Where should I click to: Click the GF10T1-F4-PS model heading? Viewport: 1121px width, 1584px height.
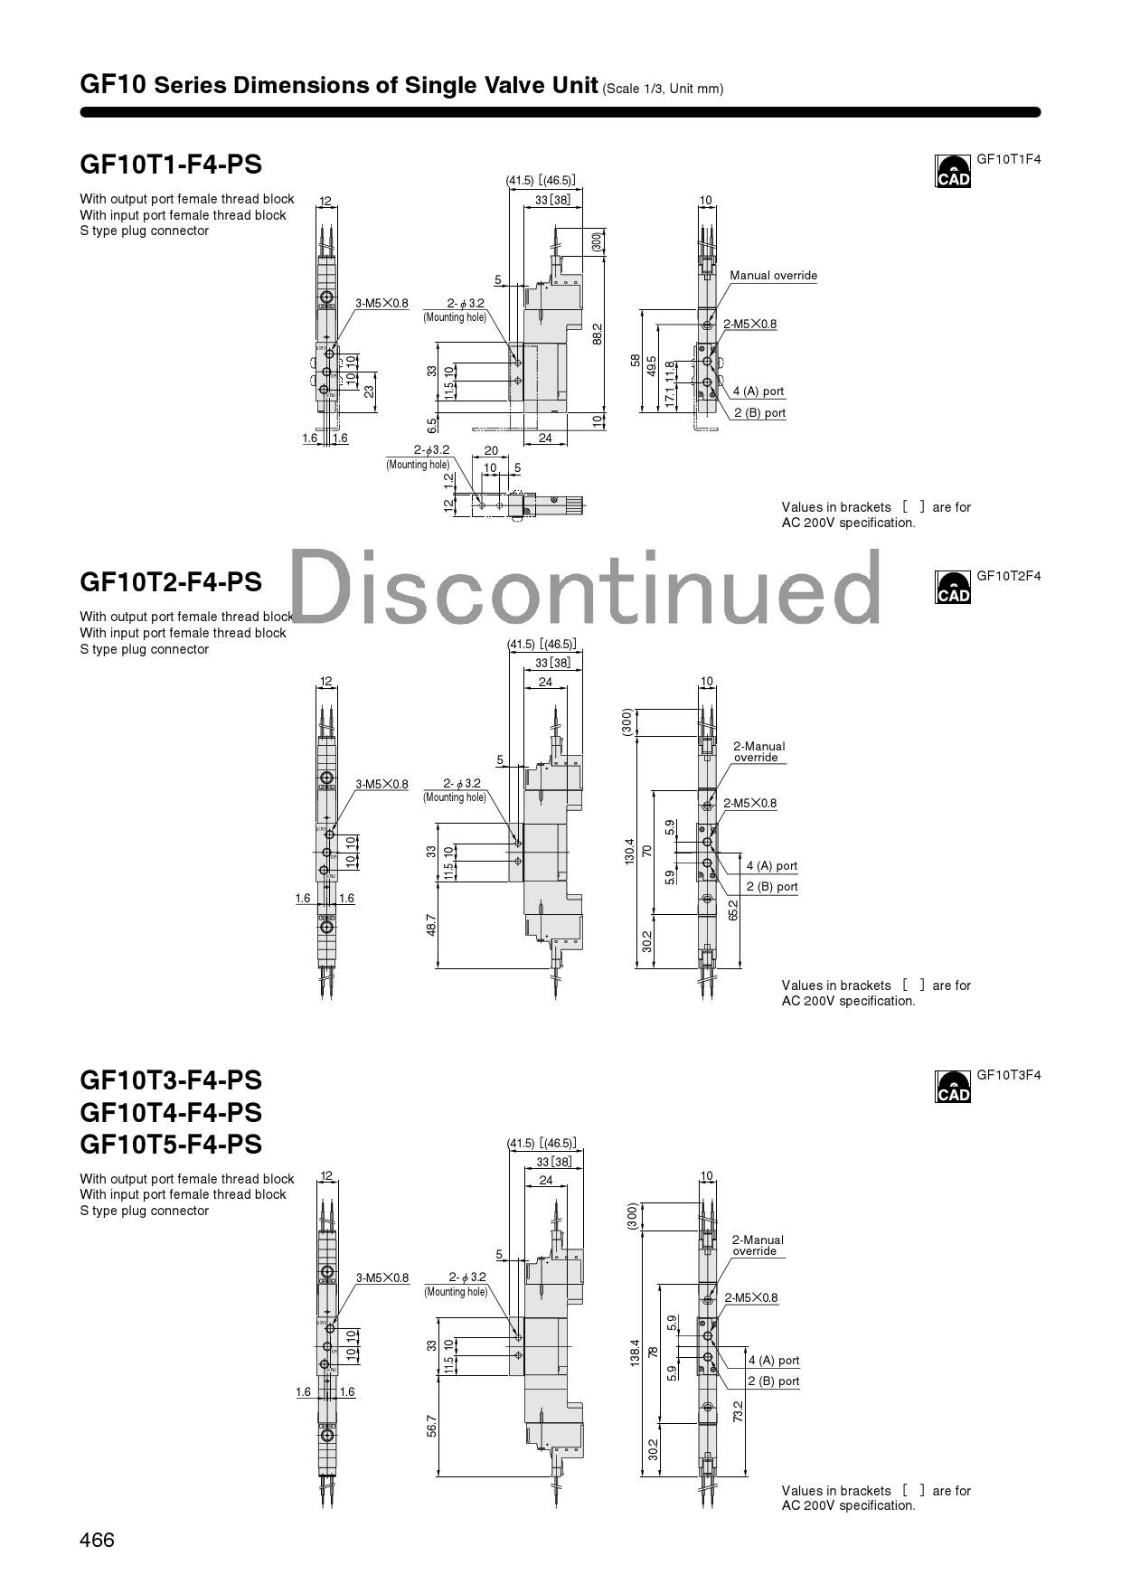(171, 165)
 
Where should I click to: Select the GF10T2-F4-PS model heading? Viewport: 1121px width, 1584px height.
(171, 581)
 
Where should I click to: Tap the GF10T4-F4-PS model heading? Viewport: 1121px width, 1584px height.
(171, 1112)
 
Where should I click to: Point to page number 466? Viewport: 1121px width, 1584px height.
(98, 1540)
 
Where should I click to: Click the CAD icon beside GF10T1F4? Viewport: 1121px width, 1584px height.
(953, 171)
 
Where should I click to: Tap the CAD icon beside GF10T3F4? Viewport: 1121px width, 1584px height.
(953, 1087)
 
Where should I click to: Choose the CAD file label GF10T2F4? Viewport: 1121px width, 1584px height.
(1008, 576)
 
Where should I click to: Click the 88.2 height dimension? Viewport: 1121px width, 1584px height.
(597, 334)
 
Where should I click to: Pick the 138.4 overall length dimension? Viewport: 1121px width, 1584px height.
(636, 1353)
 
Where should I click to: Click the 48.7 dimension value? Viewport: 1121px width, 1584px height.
(431, 925)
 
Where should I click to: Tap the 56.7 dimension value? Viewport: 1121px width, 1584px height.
(431, 1426)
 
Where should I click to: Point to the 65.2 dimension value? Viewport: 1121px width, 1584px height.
(733, 910)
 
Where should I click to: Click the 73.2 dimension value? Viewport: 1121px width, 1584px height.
(738, 1411)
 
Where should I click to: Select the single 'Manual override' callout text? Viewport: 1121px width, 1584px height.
(773, 276)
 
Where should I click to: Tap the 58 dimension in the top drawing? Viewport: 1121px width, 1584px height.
(636, 361)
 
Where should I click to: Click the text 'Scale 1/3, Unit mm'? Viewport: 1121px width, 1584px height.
(663, 89)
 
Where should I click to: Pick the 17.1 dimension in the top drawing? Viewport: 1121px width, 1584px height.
(670, 395)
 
